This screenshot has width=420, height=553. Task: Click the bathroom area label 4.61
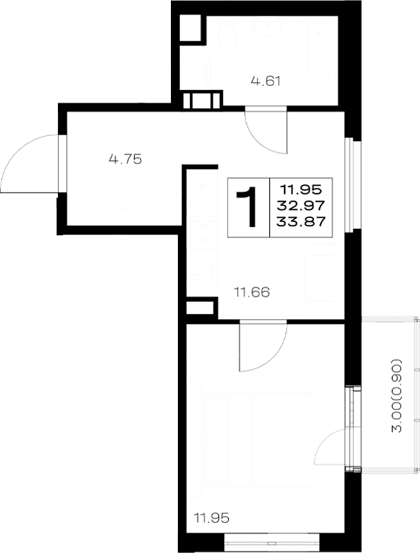[x=266, y=82]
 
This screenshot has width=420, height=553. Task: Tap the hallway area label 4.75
[x=126, y=159]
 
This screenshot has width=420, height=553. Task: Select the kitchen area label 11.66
[x=253, y=292]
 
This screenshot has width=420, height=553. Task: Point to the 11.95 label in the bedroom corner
[x=212, y=518]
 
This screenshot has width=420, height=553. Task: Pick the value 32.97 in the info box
[x=301, y=205]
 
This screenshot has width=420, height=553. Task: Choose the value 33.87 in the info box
[x=301, y=222]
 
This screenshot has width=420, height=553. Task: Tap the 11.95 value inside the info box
[x=301, y=190]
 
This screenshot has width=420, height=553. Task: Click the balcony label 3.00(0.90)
[x=397, y=396]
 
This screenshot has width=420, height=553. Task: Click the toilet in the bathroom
[x=227, y=36]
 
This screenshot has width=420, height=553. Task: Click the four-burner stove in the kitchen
[x=204, y=233]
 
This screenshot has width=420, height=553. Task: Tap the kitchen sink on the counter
[x=200, y=274]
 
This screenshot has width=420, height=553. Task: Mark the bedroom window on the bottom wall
[x=271, y=539]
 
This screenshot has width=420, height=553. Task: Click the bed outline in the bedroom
[x=258, y=441]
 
